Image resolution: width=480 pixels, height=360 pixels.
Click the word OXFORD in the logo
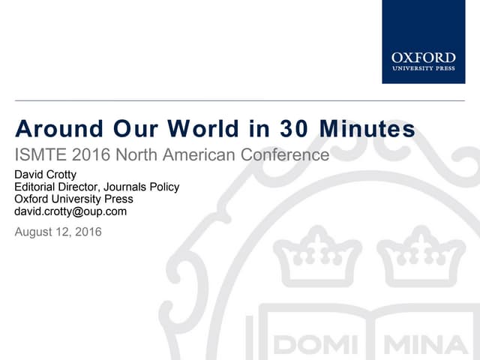point(423,57)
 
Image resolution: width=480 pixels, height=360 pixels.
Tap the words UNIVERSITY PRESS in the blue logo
point(423,68)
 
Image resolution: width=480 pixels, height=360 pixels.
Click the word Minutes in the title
point(367,130)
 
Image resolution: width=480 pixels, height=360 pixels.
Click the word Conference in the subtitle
point(285,156)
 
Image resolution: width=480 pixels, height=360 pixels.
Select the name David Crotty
point(46,175)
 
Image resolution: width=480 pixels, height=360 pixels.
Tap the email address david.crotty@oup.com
point(70,211)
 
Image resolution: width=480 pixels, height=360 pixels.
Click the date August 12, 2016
point(58,232)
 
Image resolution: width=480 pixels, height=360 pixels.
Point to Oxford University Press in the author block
point(73,199)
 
